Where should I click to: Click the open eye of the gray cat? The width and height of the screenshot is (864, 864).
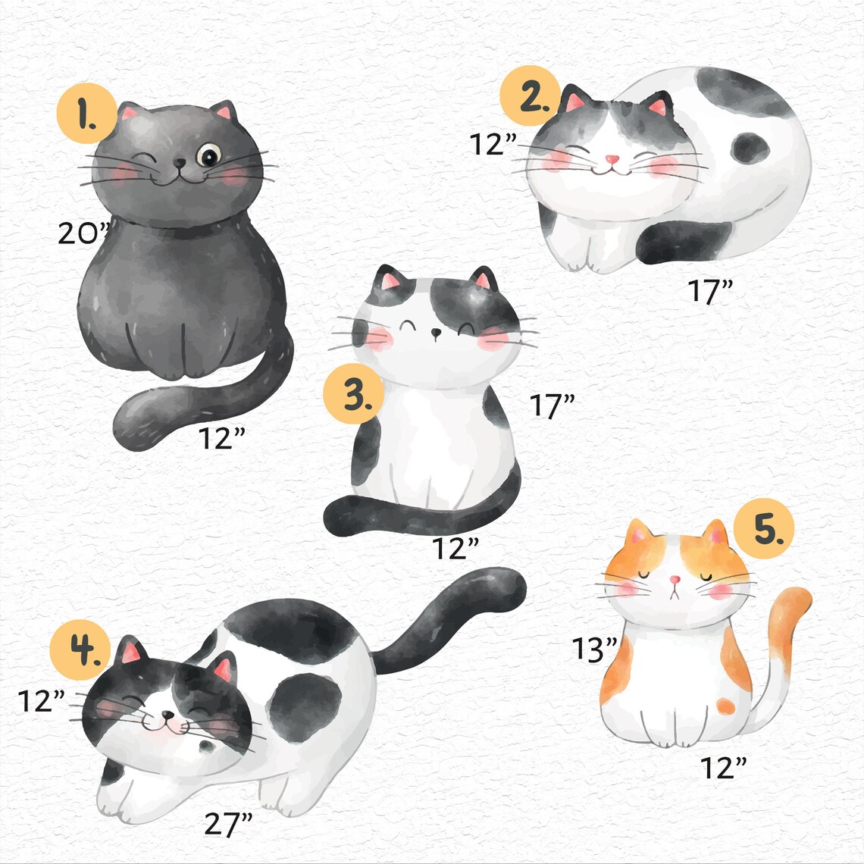click(x=207, y=156)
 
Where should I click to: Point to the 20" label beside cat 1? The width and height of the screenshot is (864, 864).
click(x=84, y=233)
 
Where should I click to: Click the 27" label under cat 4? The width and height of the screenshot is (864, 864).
click(x=228, y=823)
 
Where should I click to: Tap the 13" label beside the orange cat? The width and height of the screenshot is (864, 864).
click(x=595, y=649)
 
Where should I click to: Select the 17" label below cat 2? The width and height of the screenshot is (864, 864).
click(x=710, y=291)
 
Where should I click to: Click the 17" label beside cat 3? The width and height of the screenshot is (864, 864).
click(x=552, y=407)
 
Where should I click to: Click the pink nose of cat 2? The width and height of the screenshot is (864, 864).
click(x=612, y=160)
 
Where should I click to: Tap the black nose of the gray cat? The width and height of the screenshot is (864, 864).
click(x=178, y=163)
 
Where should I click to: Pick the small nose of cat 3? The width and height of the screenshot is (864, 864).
click(x=435, y=332)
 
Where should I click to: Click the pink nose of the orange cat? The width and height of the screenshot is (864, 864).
click(x=675, y=581)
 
